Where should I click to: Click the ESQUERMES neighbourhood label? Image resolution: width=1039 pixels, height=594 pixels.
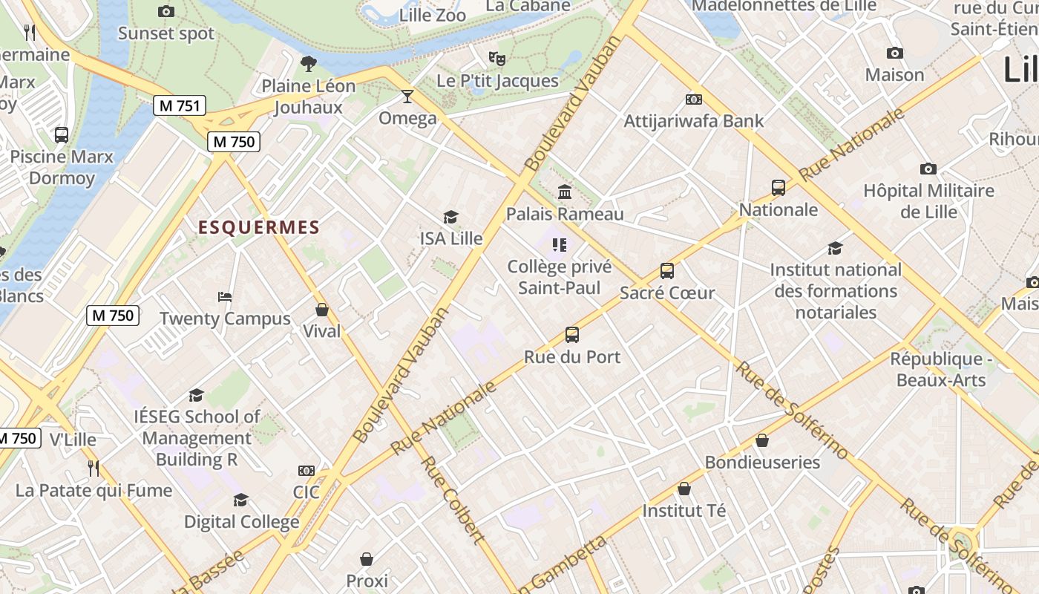258,228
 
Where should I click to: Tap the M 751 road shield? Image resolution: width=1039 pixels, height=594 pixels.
180,106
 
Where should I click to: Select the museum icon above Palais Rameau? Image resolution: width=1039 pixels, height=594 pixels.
565,192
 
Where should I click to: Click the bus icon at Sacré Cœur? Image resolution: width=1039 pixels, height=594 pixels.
667,271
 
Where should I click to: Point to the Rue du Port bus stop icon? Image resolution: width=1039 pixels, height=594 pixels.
571,335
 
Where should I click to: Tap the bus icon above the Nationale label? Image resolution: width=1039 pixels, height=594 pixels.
778,188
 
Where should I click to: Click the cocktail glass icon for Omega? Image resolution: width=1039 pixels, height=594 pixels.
407,97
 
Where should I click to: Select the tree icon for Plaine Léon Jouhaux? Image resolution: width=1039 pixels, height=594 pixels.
308,64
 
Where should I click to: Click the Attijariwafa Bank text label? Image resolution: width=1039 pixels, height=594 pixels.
693,121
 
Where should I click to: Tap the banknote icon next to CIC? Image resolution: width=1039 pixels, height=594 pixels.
306,471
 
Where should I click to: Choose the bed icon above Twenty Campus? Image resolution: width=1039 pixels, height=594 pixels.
225,297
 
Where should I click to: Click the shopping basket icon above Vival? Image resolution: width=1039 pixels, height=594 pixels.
322,310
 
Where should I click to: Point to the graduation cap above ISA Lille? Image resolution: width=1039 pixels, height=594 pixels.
450,217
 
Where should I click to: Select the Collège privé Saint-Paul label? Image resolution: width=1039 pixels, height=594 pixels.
559,277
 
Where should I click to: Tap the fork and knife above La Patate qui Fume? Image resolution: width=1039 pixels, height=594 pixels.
94,468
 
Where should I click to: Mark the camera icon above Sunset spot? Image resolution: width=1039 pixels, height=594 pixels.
166,11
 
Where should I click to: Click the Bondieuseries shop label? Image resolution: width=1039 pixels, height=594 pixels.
762,463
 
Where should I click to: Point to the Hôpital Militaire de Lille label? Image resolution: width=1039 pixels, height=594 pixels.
928,201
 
